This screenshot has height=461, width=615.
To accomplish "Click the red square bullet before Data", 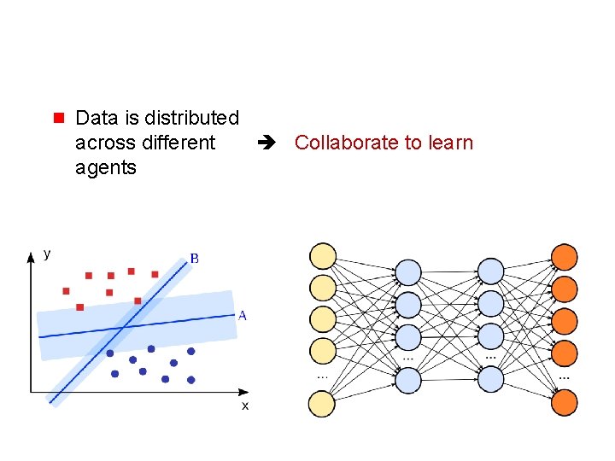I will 59,116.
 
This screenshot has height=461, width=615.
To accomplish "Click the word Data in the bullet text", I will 94,117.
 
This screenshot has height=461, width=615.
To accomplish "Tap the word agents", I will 105,167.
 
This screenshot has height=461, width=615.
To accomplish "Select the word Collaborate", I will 346,143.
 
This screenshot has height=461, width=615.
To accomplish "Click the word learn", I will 450,143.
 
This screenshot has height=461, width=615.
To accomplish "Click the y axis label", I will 46,253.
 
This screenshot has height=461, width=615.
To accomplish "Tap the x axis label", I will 245,406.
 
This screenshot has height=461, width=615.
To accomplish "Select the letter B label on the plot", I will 194,258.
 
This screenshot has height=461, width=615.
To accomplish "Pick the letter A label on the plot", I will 242,316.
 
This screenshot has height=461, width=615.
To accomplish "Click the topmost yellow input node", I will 322,256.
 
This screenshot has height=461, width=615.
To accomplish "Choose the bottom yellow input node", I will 322,404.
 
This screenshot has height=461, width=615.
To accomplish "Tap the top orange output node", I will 565,256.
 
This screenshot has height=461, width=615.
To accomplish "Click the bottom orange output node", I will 565,403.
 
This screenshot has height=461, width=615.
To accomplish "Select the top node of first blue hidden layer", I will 408,272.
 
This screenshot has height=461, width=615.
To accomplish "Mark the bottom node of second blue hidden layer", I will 490,379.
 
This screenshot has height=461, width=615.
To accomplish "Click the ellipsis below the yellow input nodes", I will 322,376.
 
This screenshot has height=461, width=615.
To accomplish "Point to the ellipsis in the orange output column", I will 565,376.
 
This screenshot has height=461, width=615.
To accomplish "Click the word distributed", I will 192,117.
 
